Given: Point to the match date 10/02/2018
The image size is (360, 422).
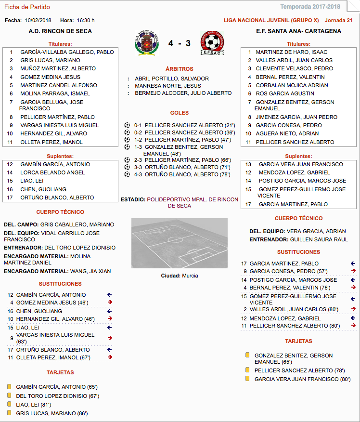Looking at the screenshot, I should tap(38, 20).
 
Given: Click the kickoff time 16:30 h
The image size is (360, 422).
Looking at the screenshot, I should tap(85, 20).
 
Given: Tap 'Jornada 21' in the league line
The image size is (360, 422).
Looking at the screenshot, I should tap(338, 20).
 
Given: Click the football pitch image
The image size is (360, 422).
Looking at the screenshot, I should tap(179, 243).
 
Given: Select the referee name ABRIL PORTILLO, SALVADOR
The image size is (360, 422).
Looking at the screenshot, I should tap(172, 79).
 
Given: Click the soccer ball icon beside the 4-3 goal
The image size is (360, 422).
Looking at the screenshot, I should tap(127, 174).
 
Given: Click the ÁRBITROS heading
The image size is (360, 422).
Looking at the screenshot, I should tap(179, 69).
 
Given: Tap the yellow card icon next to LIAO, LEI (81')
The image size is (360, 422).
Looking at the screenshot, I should tap(9, 405).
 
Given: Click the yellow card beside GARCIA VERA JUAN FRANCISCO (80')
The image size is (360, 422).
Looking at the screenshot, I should tap(247, 379).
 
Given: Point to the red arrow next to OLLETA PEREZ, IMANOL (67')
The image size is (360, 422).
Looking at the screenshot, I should tap(110, 357).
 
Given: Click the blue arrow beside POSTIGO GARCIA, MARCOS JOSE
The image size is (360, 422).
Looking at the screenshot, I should tap(353, 280).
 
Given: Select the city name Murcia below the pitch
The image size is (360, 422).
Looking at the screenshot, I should tap(190, 276).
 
